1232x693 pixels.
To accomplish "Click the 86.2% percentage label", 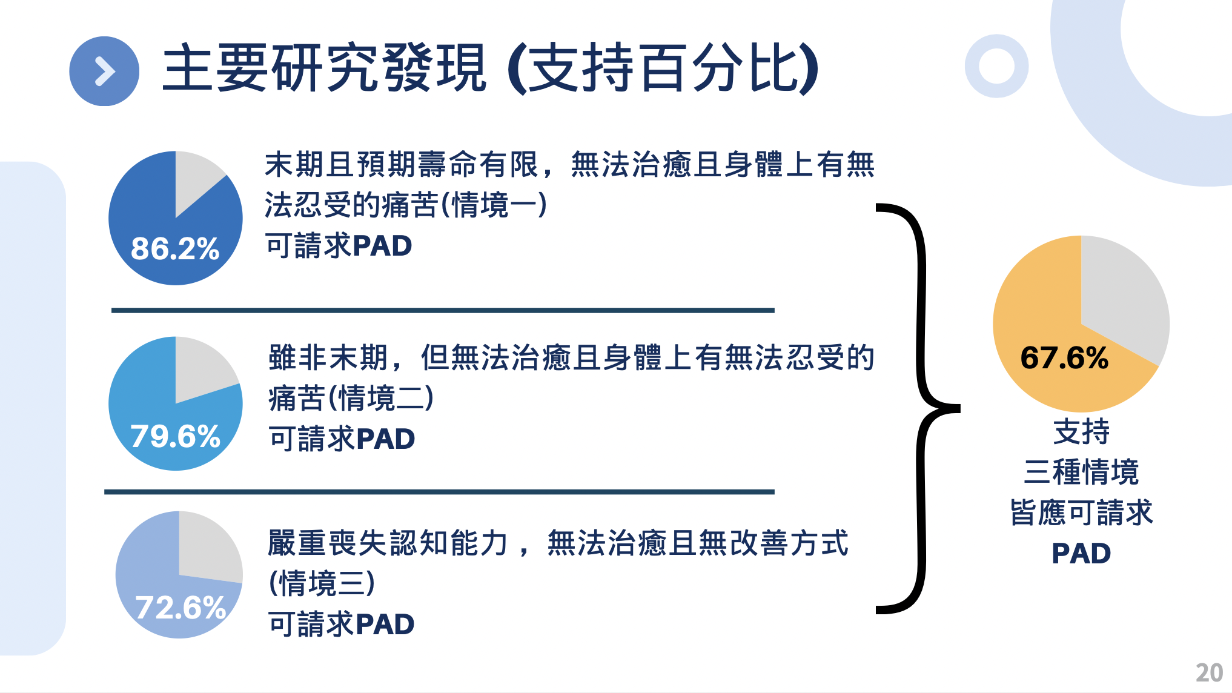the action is click(x=175, y=248).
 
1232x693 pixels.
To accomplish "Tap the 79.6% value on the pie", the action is click(x=175, y=436).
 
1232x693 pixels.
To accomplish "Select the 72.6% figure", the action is click(x=180, y=608).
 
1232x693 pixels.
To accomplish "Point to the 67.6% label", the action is click(x=1064, y=357).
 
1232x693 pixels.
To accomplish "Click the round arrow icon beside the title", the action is click(x=104, y=71).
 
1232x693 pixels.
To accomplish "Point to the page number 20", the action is click(x=1209, y=673).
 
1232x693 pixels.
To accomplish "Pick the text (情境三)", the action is click(x=322, y=583).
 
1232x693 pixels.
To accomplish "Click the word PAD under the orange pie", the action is click(x=1081, y=554).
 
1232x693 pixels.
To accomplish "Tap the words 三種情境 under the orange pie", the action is click(x=1081, y=472).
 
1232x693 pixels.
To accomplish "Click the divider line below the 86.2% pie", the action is click(x=443, y=310).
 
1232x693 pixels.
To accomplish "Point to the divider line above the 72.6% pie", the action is click(x=439, y=492).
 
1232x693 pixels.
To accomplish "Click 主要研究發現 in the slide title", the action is click(x=324, y=68).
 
